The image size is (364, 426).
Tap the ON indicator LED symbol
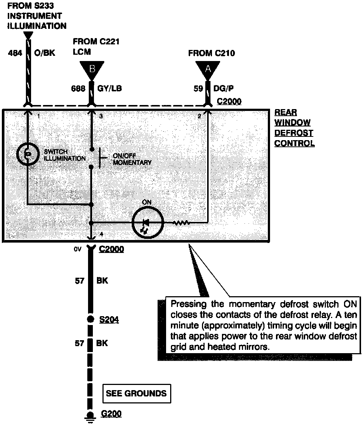148,223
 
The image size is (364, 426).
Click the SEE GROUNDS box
136,393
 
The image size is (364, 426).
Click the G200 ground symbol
90,416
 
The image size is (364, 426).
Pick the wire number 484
15,53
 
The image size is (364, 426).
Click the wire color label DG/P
224,89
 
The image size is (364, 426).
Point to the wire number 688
78,89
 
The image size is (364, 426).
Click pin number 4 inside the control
101,234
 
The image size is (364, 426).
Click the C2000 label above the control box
229,101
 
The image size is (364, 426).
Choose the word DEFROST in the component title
294,133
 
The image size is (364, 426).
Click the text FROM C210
211,53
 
